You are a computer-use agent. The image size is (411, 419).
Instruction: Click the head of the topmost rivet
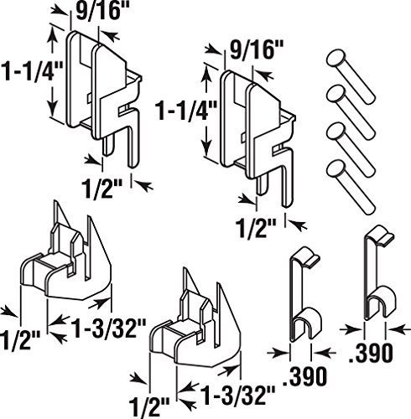pos(336,59)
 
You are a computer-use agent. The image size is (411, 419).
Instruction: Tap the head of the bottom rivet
pos(336,168)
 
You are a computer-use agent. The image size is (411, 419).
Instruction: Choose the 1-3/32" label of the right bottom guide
pos(237,395)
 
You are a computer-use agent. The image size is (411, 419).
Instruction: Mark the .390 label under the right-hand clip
pos(371,353)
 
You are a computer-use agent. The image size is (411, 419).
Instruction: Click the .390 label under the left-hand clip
pos(304,375)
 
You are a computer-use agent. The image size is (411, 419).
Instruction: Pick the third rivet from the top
pos(351,147)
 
